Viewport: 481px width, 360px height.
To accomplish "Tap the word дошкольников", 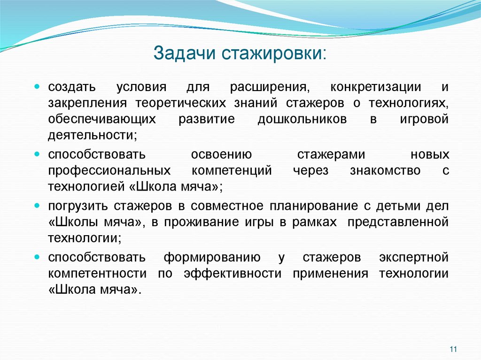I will pos(302,119).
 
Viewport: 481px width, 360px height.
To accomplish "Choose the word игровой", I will pos(424,119).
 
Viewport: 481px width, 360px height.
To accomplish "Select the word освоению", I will pos(222,155).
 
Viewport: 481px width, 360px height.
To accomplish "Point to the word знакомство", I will pos(385,170).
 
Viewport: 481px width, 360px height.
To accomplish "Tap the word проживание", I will pos(201,222).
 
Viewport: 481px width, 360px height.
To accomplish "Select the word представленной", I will pos(398,222).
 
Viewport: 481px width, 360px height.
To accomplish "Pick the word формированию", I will pos(212,258).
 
